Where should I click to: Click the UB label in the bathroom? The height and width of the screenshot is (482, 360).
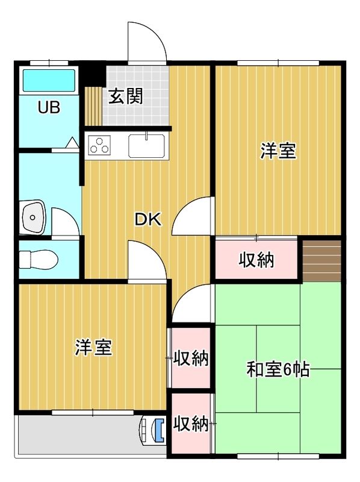tap(49, 107)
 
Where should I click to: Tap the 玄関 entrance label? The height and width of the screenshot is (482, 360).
tap(126, 96)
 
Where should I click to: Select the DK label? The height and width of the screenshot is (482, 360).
tap(148, 219)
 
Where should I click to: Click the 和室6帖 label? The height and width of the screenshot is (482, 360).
tap(278, 369)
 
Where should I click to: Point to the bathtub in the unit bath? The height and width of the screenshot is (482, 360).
tap(49, 81)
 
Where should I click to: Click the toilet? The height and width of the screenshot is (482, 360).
tap(39, 259)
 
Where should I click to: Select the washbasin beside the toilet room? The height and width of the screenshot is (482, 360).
tap(33, 218)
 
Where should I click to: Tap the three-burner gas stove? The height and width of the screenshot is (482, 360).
tap(99, 145)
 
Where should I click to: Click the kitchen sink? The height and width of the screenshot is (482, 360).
tap(146, 146)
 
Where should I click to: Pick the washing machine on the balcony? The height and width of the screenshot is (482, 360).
tap(153, 430)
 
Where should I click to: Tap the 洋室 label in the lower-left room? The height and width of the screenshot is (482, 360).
tap(94, 348)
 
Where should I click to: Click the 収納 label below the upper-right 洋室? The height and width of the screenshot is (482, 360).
tap(256, 260)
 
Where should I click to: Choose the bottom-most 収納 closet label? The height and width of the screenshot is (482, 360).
tap(191, 424)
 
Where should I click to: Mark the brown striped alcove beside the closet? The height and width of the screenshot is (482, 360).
tap(322, 261)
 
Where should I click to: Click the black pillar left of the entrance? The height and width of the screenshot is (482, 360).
tap(93, 75)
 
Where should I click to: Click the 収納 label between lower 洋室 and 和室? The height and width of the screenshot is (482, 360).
tap(191, 358)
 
